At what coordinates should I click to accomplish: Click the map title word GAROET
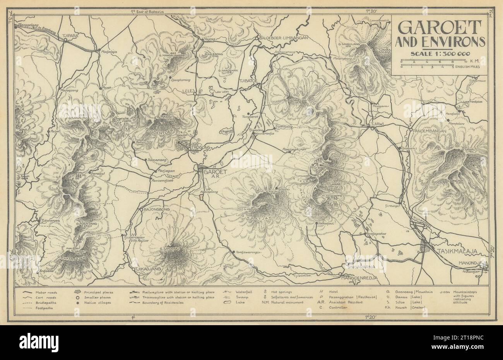click(x=440, y=28)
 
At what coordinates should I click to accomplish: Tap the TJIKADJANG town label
click(x=146, y=268)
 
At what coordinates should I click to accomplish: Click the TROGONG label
click(x=200, y=148)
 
